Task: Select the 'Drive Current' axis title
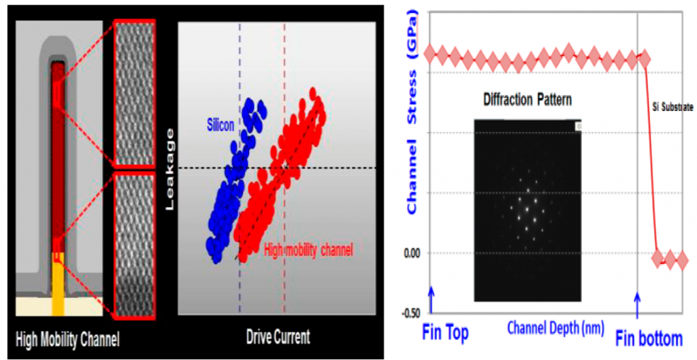[x=277, y=337]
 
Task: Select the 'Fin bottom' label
[x=649, y=337]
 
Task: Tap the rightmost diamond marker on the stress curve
[x=681, y=259]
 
